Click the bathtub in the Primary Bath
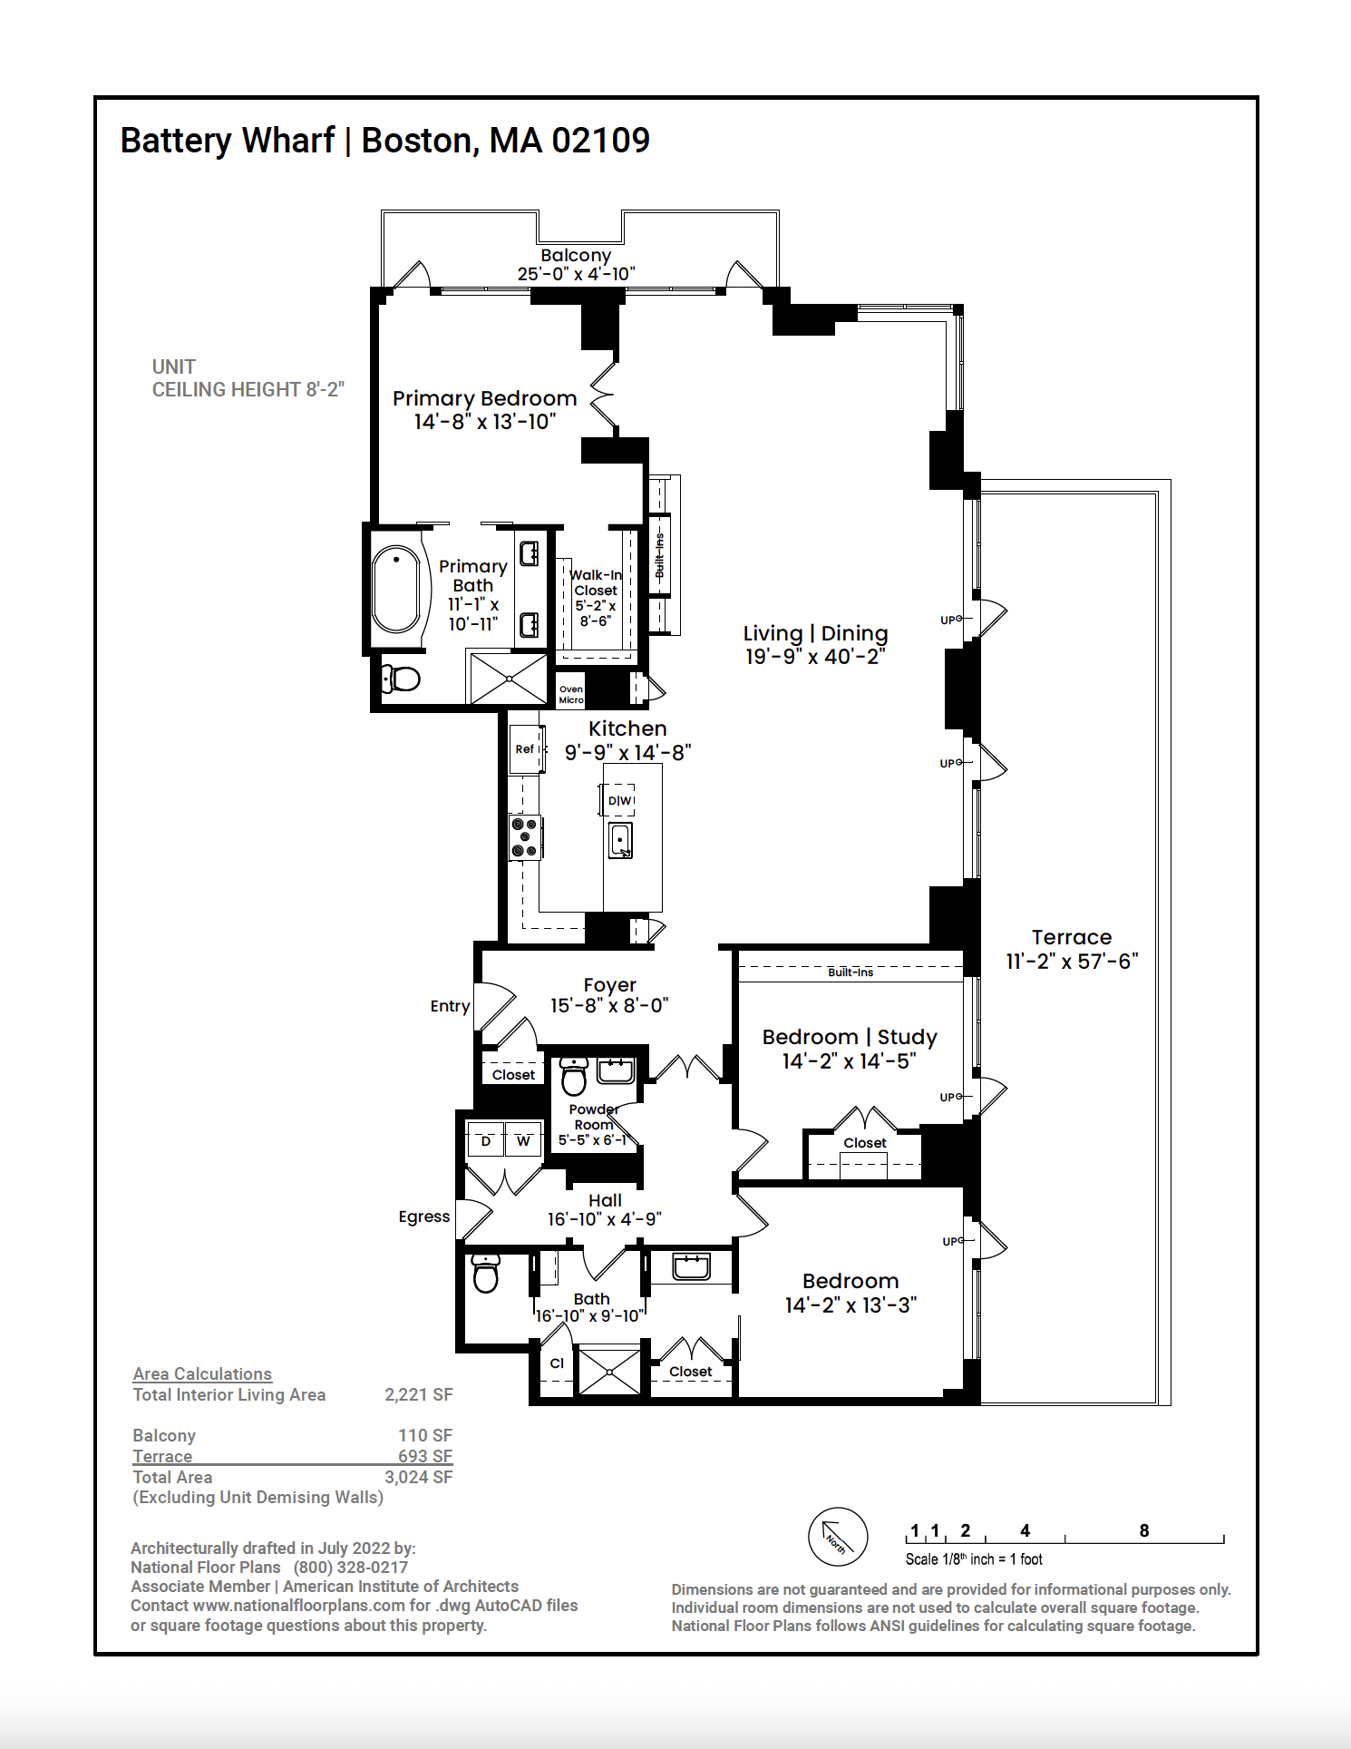click(x=396, y=589)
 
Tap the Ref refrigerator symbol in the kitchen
click(x=525, y=749)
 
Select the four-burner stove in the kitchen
click(x=525, y=837)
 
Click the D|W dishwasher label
click(x=619, y=800)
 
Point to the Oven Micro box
click(x=571, y=694)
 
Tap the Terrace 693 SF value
click(x=424, y=1456)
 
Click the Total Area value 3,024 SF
click(x=418, y=1477)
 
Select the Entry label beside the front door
click(x=450, y=1006)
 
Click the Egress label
click(x=423, y=1216)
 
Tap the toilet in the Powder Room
click(x=574, y=1077)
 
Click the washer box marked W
click(x=523, y=1141)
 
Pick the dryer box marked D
click(x=486, y=1141)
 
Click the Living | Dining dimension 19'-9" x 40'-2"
click(x=814, y=657)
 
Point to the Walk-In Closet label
click(x=596, y=582)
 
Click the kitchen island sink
click(x=620, y=840)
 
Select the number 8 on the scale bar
click(x=1144, y=1530)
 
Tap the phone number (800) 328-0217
click(x=350, y=1567)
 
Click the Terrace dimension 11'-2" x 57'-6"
click(x=1072, y=962)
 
